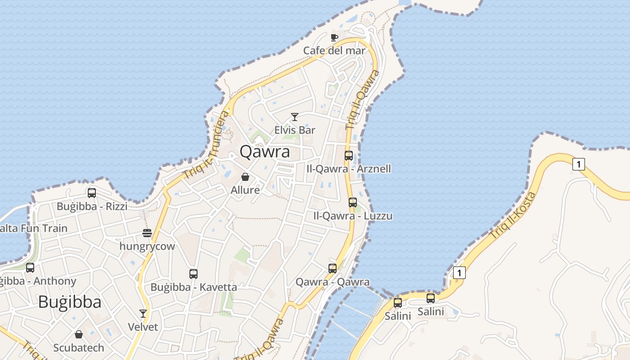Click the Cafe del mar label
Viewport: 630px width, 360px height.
click(x=334, y=50)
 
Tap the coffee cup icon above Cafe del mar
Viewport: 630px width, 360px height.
click(x=334, y=37)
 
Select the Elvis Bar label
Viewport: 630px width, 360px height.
click(x=295, y=130)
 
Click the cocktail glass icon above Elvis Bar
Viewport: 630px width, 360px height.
click(x=295, y=117)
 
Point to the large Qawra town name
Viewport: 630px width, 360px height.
click(x=265, y=152)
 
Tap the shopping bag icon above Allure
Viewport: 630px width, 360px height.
click(x=245, y=177)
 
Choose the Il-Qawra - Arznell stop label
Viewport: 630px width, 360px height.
click(x=348, y=169)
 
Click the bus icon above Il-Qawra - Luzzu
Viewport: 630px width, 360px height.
click(x=353, y=202)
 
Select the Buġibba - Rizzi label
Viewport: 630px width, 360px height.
click(x=92, y=206)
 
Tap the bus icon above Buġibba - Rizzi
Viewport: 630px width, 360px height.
click(x=92, y=193)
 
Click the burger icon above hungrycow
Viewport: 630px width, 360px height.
click(x=147, y=233)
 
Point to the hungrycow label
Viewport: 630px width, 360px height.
click(x=147, y=246)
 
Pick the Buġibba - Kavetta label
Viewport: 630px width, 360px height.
click(x=193, y=287)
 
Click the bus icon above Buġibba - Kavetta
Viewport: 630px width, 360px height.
click(x=193, y=274)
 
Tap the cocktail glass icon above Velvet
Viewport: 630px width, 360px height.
click(x=143, y=313)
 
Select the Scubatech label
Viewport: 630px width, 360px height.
click(x=79, y=347)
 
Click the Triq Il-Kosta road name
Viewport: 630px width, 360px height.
click(x=513, y=215)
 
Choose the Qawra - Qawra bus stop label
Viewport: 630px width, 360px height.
click(x=333, y=282)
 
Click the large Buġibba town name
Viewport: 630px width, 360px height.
click(x=70, y=301)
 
